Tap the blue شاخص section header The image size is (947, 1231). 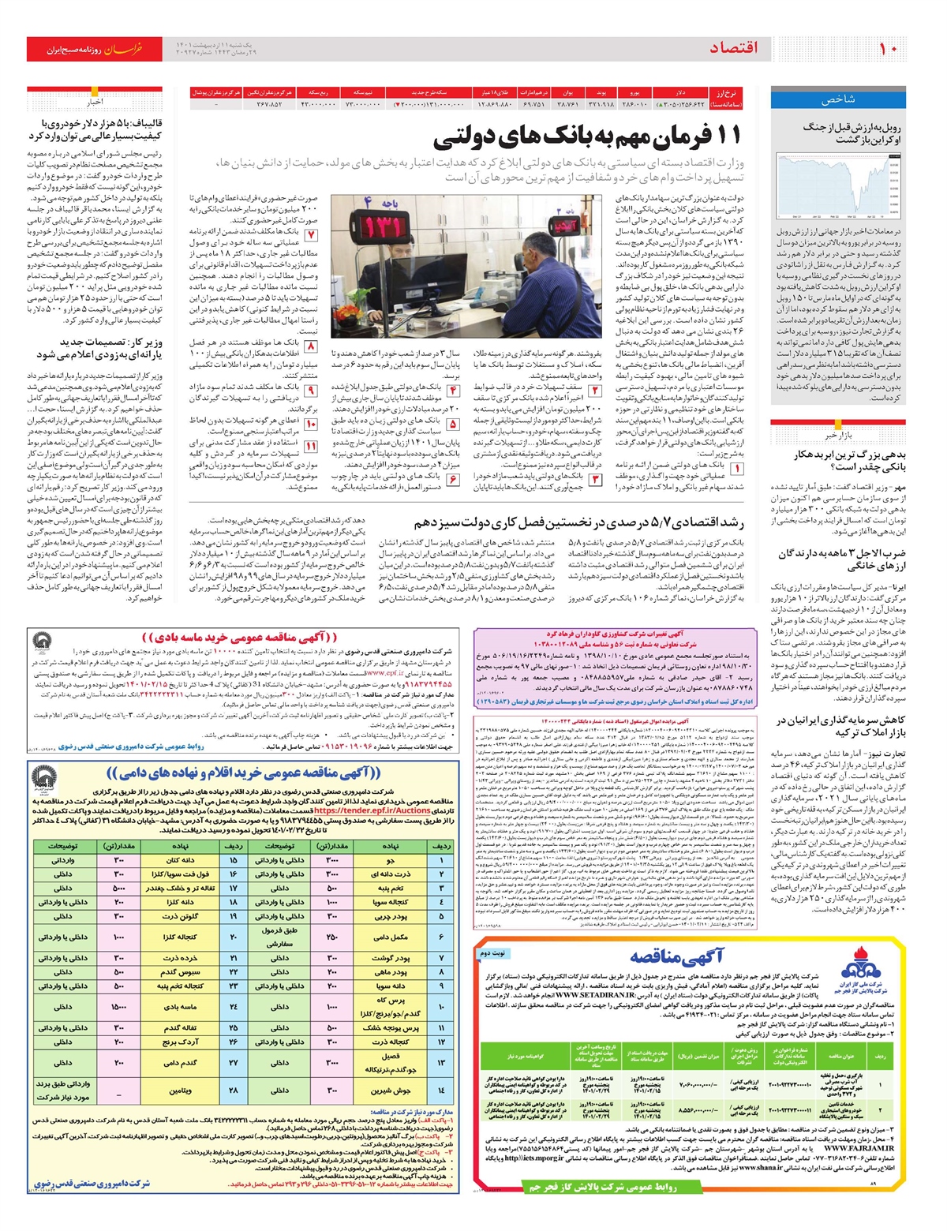tap(838, 100)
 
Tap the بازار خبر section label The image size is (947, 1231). tap(838, 436)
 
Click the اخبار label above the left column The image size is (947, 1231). tap(95, 102)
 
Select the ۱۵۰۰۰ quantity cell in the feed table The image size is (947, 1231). tap(119, 1007)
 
